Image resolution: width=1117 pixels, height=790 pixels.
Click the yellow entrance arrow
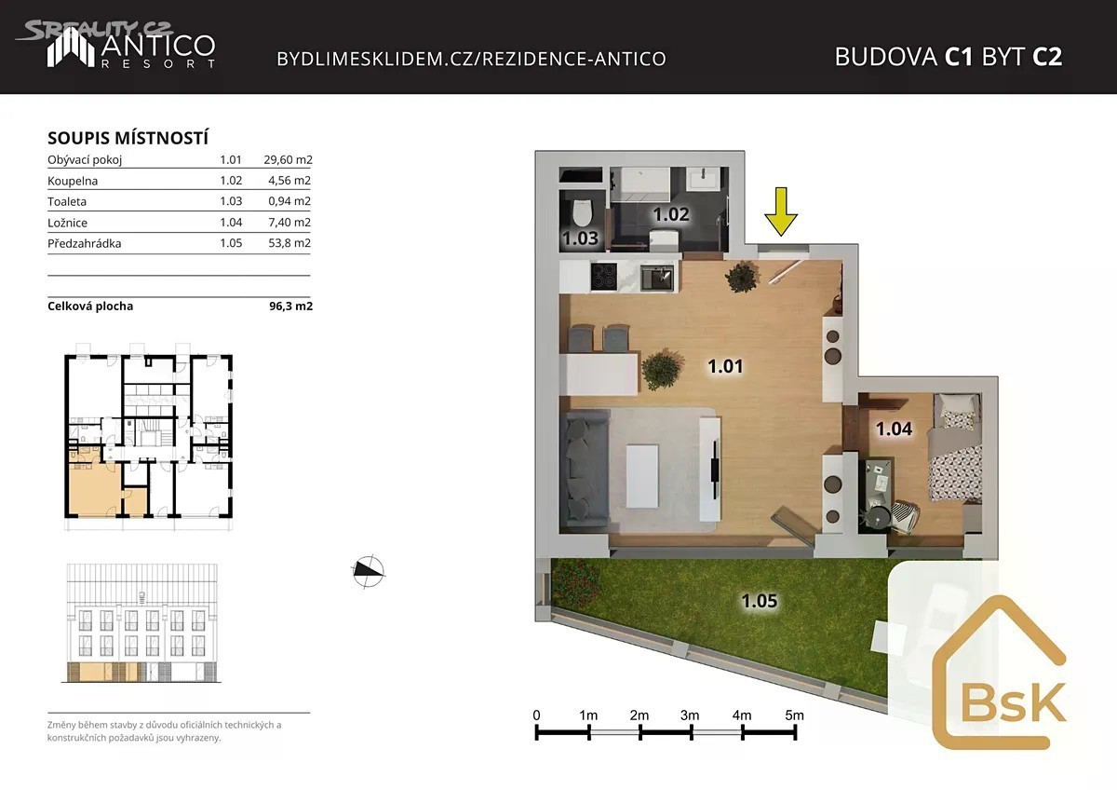tap(781, 211)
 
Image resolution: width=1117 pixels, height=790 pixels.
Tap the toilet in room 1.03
tap(582, 214)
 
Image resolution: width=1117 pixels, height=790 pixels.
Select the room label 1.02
tap(671, 214)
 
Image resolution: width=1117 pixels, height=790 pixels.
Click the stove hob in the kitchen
tap(604, 276)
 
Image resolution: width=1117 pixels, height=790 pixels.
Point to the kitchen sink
tap(657, 278)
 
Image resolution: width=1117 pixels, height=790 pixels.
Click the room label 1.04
tap(895, 429)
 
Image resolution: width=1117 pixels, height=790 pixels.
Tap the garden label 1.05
tap(760, 601)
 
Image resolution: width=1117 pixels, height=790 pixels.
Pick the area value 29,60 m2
tap(289, 159)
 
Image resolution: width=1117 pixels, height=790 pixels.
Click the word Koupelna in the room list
tap(73, 181)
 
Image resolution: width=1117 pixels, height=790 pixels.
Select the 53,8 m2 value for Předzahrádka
tap(289, 243)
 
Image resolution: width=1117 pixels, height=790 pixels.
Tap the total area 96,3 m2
tap(290, 306)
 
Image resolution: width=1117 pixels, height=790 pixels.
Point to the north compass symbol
tap(369, 571)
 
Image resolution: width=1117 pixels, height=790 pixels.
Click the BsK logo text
tap(1013, 702)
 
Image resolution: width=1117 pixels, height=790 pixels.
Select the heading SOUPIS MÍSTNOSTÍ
tap(128, 138)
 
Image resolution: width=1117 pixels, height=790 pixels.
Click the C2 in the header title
tap(1047, 57)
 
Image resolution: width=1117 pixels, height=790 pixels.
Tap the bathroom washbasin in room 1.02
tap(703, 179)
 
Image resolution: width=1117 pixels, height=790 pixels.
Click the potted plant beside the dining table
tap(661, 369)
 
